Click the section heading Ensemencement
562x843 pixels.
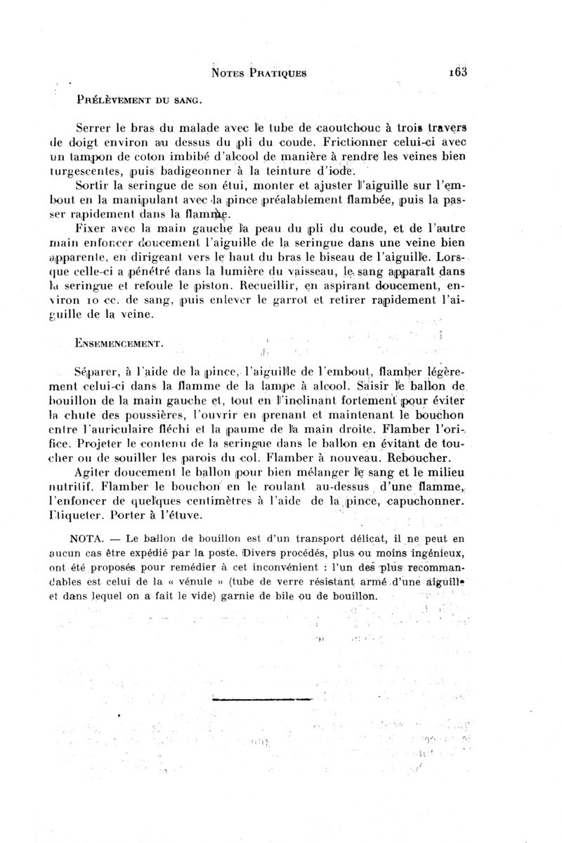coord(121,344)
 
